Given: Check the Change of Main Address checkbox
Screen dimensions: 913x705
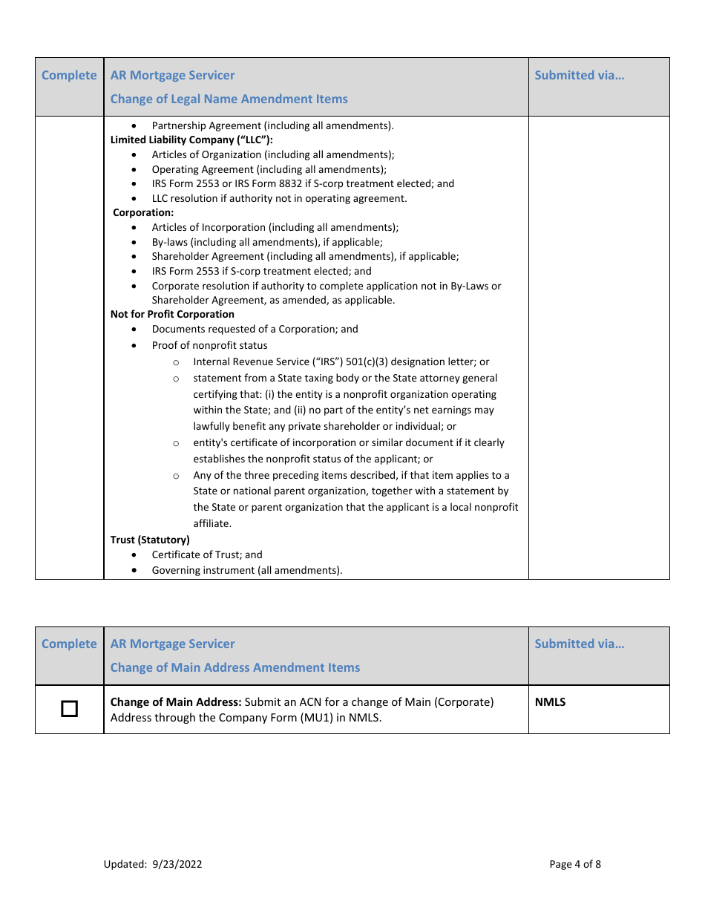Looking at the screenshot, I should tap(69, 709).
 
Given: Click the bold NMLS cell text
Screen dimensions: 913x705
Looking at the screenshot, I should tap(550, 701).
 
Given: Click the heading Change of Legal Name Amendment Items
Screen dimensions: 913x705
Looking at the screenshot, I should tap(229, 99).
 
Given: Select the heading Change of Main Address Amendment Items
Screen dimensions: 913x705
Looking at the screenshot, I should tap(235, 667).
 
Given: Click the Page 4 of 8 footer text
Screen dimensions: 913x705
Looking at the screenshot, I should tap(575, 864).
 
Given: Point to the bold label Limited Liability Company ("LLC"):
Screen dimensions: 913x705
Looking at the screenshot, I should tap(191, 140).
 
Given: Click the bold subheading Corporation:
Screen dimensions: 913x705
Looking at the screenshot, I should tap(143, 212).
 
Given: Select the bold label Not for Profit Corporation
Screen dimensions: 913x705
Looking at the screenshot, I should tap(172, 314).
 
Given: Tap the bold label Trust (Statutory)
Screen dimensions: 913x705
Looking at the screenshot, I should tap(150, 540).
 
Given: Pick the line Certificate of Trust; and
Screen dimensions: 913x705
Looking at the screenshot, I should tap(207, 554).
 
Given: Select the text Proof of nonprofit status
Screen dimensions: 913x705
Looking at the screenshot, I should tap(209, 345).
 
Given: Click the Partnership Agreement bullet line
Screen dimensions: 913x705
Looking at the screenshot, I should tap(272, 125).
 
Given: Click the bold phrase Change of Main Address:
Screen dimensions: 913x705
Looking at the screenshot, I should tap(176, 701).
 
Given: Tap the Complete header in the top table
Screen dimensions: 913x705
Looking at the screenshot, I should tap(69, 75).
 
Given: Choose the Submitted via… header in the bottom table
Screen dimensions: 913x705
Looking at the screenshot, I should tap(579, 644).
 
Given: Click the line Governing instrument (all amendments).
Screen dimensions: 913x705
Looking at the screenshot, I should tap(247, 570).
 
